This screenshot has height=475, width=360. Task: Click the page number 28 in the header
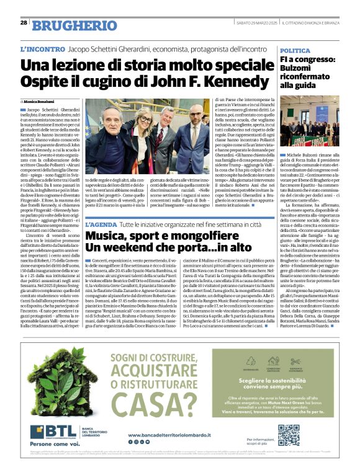(24, 23)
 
